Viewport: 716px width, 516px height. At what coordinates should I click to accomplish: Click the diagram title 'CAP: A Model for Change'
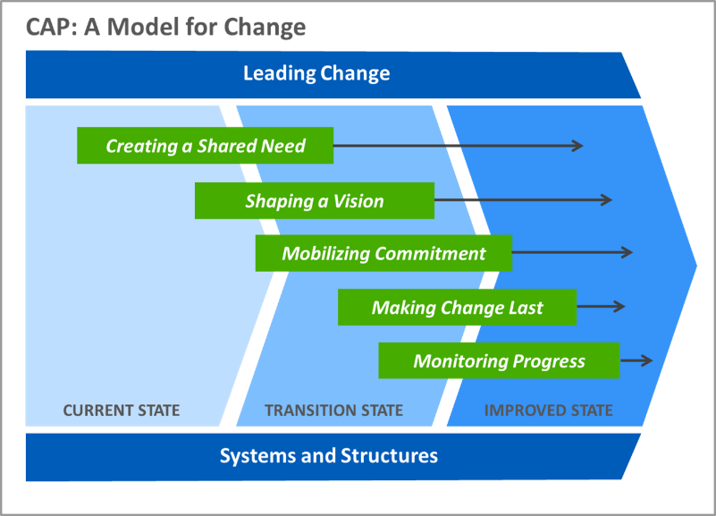(165, 27)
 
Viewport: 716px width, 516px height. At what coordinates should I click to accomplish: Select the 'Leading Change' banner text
(316, 73)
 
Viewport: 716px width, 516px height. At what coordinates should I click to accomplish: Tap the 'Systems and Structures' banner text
(329, 456)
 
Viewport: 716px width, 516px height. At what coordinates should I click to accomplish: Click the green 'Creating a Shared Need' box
(205, 145)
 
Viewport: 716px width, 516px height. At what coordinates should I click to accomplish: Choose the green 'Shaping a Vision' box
(315, 200)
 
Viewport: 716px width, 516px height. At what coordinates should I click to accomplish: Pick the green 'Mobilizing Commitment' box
(383, 253)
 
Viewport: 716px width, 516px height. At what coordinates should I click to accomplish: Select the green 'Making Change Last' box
(457, 307)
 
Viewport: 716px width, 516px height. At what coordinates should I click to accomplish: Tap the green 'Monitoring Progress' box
(499, 360)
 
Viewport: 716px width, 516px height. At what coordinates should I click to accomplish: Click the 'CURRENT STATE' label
(122, 410)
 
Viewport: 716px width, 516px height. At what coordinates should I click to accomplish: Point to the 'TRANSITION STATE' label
(333, 410)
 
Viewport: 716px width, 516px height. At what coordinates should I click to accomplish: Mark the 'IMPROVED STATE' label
(549, 410)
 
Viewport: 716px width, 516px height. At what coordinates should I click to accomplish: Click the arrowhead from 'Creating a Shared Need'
(578, 146)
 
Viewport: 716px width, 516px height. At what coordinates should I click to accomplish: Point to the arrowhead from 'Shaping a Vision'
(607, 199)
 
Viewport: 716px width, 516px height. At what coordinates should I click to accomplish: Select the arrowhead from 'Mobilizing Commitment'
(628, 252)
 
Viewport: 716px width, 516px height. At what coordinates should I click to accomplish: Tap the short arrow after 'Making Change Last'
(601, 307)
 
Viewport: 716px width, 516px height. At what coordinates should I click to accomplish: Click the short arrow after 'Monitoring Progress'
(636, 360)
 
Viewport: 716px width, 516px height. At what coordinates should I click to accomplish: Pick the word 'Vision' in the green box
(358, 201)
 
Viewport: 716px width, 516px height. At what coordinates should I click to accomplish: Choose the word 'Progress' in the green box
(549, 361)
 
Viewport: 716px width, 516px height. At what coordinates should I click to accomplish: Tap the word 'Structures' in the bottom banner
(389, 456)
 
